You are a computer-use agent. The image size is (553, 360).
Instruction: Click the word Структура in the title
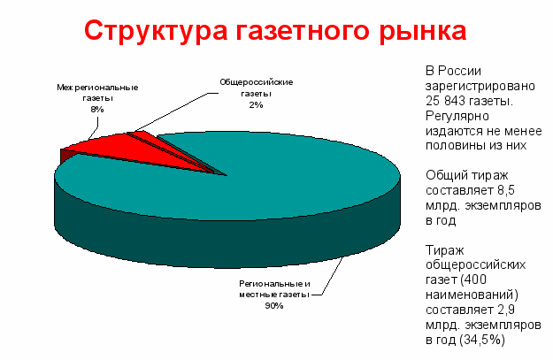(x=156, y=31)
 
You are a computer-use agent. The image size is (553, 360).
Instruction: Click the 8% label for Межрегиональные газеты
(x=97, y=110)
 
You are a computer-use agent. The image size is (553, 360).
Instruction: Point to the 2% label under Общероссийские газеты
(x=256, y=104)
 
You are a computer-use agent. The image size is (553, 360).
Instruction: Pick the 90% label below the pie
(x=274, y=306)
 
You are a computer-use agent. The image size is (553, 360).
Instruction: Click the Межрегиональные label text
(x=97, y=88)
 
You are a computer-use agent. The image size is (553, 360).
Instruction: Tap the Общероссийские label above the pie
(x=257, y=82)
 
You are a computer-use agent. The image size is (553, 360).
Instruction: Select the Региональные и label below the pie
(x=274, y=284)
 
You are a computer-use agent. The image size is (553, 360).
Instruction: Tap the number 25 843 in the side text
(x=447, y=101)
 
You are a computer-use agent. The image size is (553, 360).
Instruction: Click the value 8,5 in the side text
(x=506, y=190)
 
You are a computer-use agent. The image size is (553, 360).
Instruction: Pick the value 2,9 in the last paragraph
(x=506, y=310)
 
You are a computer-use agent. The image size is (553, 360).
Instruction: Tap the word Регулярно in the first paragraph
(x=457, y=116)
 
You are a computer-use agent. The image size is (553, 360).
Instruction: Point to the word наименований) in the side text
(x=472, y=295)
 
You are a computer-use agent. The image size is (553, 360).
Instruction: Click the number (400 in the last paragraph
(x=473, y=280)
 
